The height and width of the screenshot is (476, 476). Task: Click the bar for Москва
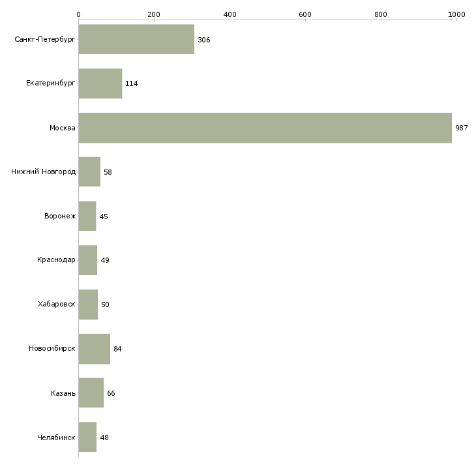(x=265, y=128)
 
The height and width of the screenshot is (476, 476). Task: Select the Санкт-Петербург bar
(x=136, y=39)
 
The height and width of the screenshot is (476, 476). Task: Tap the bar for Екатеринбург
(x=100, y=83)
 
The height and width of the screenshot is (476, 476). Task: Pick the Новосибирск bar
(x=94, y=349)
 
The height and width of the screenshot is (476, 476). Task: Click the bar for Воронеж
(x=87, y=216)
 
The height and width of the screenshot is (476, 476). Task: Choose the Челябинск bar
(x=87, y=437)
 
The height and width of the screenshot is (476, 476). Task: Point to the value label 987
(x=462, y=128)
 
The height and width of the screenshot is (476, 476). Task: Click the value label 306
(x=203, y=40)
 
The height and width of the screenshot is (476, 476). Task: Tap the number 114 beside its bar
(x=132, y=83)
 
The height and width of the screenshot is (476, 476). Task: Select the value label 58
(x=108, y=172)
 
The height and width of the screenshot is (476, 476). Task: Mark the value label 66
(x=111, y=393)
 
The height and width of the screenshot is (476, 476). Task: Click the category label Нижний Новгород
(x=44, y=172)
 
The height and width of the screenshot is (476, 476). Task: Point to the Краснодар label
(x=56, y=260)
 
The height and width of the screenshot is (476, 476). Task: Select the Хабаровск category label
(x=57, y=304)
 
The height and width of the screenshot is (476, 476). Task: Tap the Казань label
(x=63, y=393)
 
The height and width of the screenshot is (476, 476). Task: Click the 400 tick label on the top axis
(x=230, y=14)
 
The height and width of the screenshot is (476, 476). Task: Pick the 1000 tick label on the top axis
(x=456, y=14)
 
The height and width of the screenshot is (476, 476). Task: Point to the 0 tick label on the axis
(x=79, y=14)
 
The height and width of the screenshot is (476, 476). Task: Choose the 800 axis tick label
(x=381, y=14)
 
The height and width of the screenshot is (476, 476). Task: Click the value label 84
(x=117, y=349)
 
